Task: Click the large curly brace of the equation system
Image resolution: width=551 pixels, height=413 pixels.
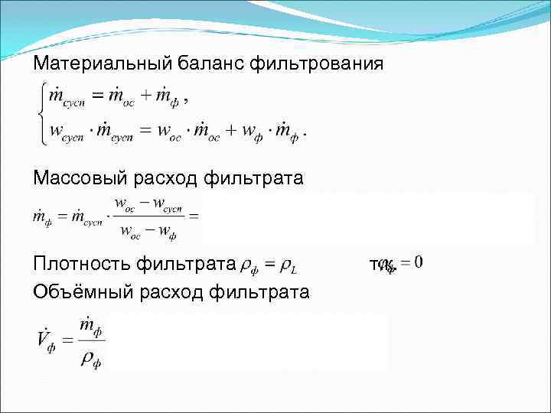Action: click(x=39, y=114)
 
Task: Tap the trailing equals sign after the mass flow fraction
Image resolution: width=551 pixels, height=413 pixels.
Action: click(x=194, y=216)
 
